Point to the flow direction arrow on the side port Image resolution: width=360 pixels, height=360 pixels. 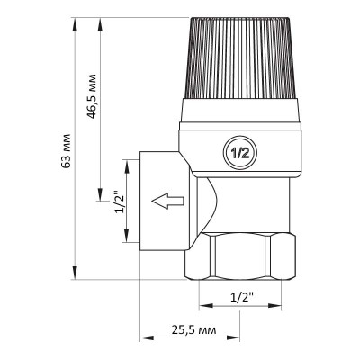pyautogui.click(x=166, y=201)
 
